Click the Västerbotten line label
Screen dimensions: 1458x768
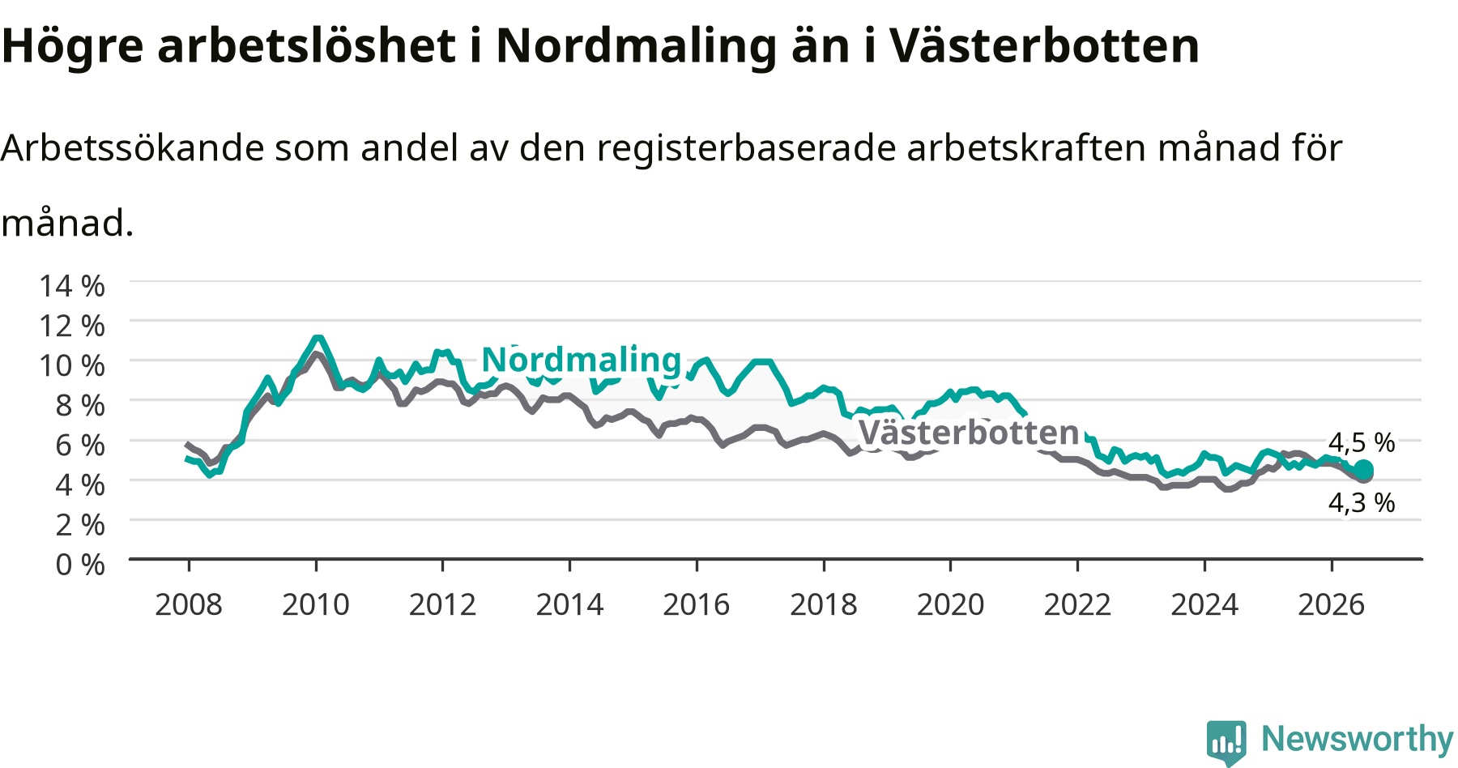pyautogui.click(x=969, y=433)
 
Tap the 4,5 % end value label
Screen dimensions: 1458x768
pyautogui.click(x=1362, y=442)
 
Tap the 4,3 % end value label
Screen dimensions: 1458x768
pyautogui.click(x=1362, y=503)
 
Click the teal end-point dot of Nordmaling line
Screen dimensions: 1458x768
pyautogui.click(x=1364, y=470)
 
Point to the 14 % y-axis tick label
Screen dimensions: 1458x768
pyautogui.click(x=72, y=286)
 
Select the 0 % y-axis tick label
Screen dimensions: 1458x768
pyautogui.click(x=80, y=565)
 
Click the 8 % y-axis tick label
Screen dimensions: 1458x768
pyautogui.click(x=80, y=405)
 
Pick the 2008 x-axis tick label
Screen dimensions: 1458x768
pyautogui.click(x=189, y=604)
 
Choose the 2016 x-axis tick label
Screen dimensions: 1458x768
pyautogui.click(x=697, y=604)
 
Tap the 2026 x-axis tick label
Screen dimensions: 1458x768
pyautogui.click(x=1332, y=604)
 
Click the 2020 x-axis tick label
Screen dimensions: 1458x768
pyautogui.click(x=950, y=604)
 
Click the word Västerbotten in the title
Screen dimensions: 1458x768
pyautogui.click(x=1045, y=45)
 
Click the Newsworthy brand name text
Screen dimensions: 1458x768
pyautogui.click(x=1358, y=740)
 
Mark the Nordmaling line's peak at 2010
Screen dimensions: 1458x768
pyautogui.click(x=317, y=338)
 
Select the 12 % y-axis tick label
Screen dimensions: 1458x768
pyautogui.click(x=72, y=326)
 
